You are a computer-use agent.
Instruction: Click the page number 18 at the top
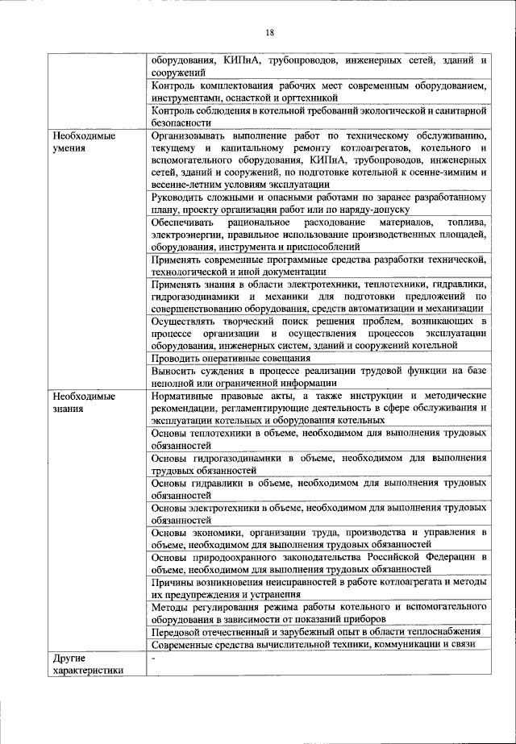270,32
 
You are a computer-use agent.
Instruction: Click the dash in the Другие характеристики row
154,659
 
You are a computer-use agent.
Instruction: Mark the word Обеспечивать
184,222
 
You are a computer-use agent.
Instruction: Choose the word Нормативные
185,396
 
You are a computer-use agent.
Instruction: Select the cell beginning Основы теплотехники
318,439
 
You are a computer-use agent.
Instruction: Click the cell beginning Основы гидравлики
318,488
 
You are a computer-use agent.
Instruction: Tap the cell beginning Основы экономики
318,538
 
